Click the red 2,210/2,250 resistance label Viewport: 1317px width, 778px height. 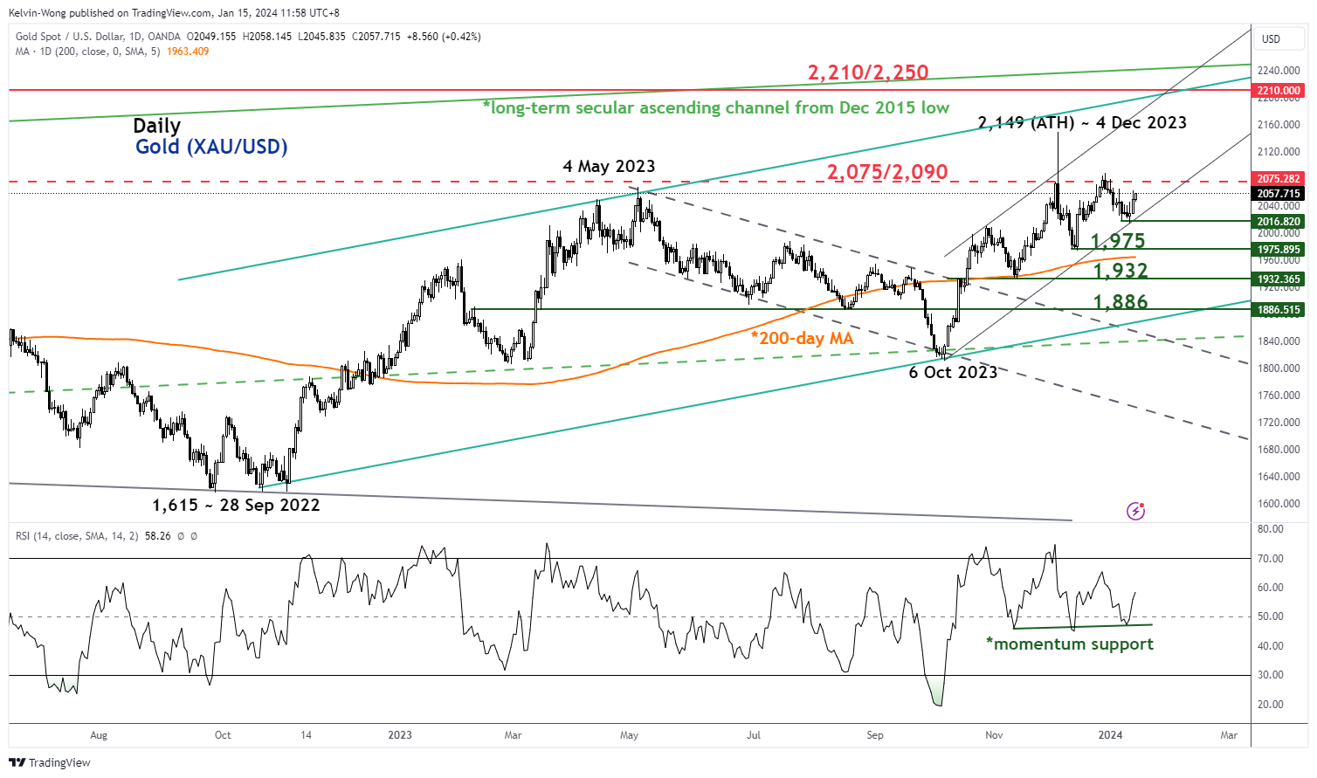point(867,72)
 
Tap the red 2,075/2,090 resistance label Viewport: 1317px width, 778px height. point(887,172)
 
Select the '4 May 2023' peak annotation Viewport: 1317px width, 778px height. point(609,166)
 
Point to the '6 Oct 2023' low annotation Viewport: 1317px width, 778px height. point(953,372)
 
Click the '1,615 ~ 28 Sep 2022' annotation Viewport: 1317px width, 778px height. point(236,505)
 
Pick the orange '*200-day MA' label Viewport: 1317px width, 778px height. point(802,338)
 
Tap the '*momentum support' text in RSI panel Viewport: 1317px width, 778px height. point(1070,644)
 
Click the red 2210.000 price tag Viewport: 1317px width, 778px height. point(1279,91)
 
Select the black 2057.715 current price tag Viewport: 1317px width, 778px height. point(1279,194)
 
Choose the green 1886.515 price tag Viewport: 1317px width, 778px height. point(1279,310)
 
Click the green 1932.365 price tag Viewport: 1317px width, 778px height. point(1279,279)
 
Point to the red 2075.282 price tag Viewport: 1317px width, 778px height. point(1279,179)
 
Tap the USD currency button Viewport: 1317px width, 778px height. point(1271,38)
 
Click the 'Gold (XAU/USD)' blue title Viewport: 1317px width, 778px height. point(211,147)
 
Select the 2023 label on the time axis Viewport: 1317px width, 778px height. point(400,735)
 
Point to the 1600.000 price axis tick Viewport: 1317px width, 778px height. point(1279,504)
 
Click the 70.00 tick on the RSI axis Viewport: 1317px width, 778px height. point(1271,559)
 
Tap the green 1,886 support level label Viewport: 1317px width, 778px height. point(1120,302)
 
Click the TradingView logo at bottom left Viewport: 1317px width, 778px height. point(50,762)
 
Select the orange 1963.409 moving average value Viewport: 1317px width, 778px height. point(188,52)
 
